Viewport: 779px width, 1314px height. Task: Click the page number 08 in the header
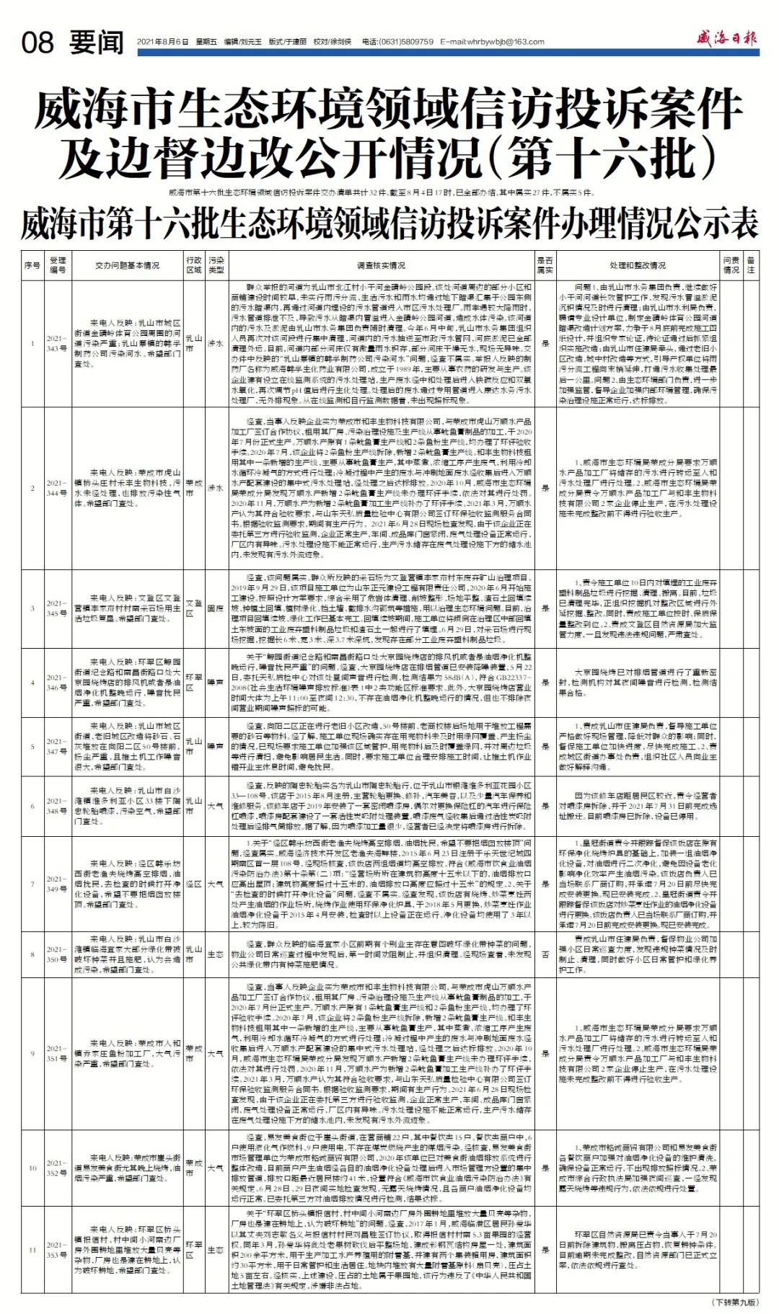pos(38,43)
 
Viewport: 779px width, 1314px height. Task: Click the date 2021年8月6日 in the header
pos(162,42)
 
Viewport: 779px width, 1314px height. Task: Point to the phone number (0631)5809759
pos(408,42)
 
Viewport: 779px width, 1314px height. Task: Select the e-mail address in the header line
pos(492,42)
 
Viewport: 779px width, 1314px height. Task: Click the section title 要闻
pos(97,43)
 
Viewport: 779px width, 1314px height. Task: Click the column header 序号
pos(32,265)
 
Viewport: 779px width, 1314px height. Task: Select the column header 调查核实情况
pos(381,265)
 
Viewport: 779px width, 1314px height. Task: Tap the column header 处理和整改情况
pos(637,265)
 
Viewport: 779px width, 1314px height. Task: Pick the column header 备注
pos(751,265)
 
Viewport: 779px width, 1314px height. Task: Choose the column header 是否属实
pos(545,265)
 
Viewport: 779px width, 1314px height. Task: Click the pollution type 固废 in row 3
pos(216,608)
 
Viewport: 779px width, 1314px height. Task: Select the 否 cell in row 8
pos(545,954)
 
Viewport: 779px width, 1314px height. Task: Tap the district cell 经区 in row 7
pos(193,884)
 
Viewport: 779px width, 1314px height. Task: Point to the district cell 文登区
pos(193,608)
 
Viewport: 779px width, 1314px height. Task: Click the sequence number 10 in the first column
pos(32,1168)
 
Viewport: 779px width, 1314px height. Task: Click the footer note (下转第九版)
pos(735,1302)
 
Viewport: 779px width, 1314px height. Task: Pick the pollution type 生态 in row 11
pos(216,1250)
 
